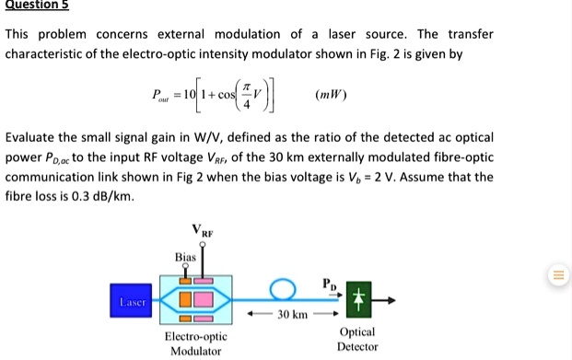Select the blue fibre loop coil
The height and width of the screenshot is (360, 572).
[x=283, y=292]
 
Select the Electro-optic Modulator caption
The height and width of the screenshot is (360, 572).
[x=195, y=343]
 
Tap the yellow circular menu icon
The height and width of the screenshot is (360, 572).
[x=556, y=274]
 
